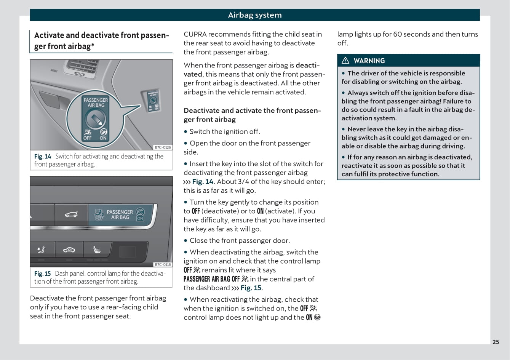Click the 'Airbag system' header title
coord(254,15)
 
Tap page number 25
coord(496,342)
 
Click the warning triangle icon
coord(345,61)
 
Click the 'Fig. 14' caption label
coord(42,157)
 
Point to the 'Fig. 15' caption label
coord(42,274)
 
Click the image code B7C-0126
coord(163,147)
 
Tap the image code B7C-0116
coord(163,264)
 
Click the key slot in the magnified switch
coord(95,120)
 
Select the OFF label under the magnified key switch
coord(88,138)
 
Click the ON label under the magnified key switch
coord(103,138)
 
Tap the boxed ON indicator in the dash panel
coord(140,219)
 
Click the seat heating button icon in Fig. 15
coord(97,250)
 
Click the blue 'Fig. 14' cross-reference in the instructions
coord(203,182)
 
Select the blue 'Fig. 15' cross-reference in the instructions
coord(251,288)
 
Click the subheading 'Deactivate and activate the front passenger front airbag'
coord(252,115)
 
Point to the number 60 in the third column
coord(397,34)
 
